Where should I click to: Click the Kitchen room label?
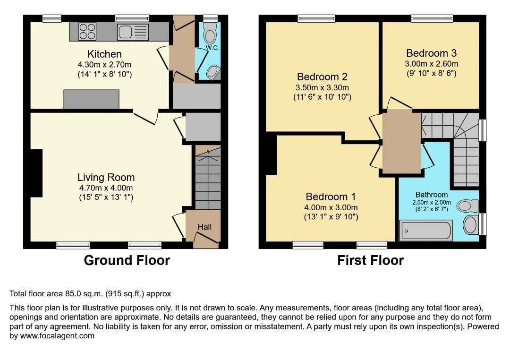click(x=104, y=54)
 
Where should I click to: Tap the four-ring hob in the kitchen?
click(x=87, y=32)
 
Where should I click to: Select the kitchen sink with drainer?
click(x=133, y=32)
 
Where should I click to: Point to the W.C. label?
click(x=212, y=48)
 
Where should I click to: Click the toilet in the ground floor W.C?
click(x=210, y=33)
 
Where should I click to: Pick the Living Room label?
click(x=106, y=177)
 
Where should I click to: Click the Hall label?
click(x=204, y=227)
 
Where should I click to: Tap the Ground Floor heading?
click(x=127, y=260)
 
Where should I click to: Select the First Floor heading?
click(x=371, y=260)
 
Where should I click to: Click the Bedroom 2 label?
click(x=323, y=77)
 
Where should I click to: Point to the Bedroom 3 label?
click(x=431, y=53)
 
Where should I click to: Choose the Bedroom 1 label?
click(x=331, y=197)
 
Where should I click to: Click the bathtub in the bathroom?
click(x=426, y=231)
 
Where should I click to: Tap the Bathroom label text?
click(x=432, y=195)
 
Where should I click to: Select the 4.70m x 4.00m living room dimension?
click(x=106, y=188)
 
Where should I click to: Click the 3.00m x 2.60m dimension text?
click(x=431, y=64)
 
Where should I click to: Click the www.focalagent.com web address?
click(x=57, y=336)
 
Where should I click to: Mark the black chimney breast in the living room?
click(x=36, y=173)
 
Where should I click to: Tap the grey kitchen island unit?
click(x=92, y=99)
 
